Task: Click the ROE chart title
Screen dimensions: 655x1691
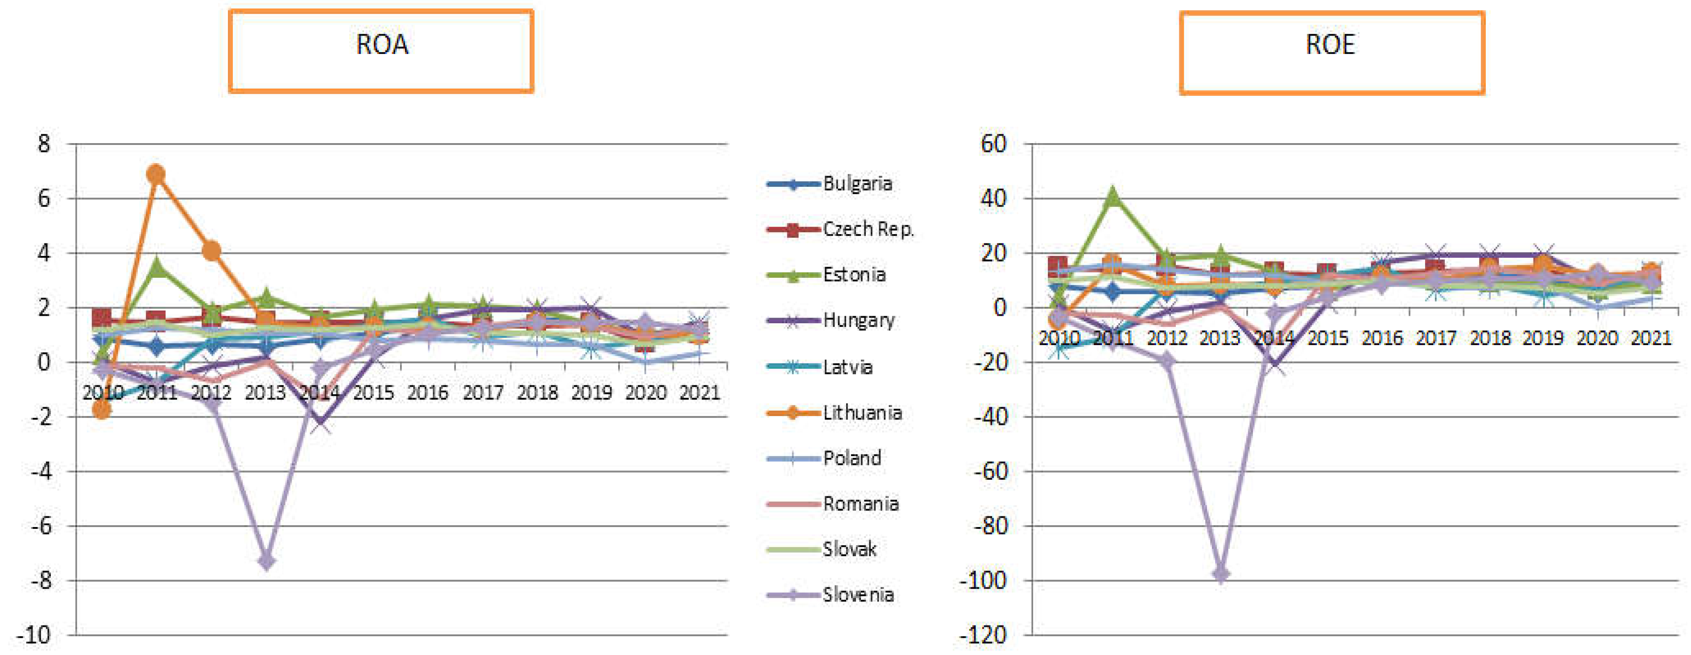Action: pyautogui.click(x=1330, y=45)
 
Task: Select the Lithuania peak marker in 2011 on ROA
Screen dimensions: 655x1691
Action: pyautogui.click(x=156, y=174)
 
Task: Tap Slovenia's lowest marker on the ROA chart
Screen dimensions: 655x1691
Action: pyautogui.click(x=266, y=562)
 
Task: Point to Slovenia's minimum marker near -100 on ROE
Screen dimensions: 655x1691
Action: pyautogui.click(x=1220, y=574)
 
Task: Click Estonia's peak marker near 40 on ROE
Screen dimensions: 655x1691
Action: pyautogui.click(x=1112, y=196)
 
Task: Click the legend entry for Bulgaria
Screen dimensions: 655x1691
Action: pyautogui.click(x=857, y=184)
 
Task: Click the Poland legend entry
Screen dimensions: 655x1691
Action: pyautogui.click(x=852, y=457)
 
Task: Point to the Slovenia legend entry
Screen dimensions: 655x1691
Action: pyautogui.click(x=857, y=595)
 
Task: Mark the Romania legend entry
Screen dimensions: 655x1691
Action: pyautogui.click(x=860, y=503)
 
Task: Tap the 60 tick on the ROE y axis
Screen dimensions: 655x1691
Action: pyautogui.click(x=993, y=143)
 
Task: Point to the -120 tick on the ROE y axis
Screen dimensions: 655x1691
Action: pyautogui.click(x=983, y=635)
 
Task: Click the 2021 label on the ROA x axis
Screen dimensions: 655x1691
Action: pyautogui.click(x=699, y=392)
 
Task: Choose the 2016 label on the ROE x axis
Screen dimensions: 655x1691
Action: pyautogui.click(x=1382, y=338)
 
